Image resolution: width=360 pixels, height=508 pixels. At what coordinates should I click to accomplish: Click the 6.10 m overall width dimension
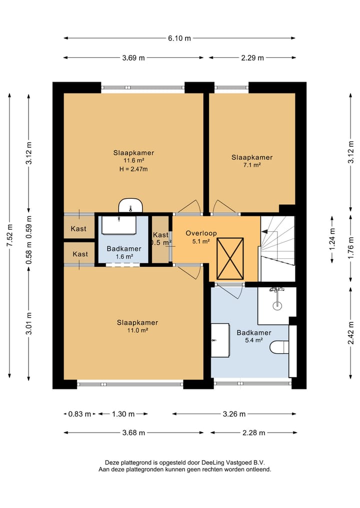point(179,38)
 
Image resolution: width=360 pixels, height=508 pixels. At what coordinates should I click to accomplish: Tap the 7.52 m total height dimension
point(9,236)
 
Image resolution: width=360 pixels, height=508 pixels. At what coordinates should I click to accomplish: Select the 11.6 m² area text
point(133,161)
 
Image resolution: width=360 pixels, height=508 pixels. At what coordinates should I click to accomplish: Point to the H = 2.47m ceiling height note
point(133,169)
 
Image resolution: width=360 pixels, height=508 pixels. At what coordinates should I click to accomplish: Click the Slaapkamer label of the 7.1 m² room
point(252,157)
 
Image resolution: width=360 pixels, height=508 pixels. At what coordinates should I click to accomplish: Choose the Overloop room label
point(201,233)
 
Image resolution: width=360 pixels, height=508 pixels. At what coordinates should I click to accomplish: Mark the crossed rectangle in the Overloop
point(230,259)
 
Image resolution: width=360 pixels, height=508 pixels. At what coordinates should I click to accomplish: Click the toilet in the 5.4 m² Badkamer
point(279,347)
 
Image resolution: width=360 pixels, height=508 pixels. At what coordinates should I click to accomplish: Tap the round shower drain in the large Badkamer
point(276,306)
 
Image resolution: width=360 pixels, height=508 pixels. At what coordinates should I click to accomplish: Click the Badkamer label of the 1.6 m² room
point(124,249)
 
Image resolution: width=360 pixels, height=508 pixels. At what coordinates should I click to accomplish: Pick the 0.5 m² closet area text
point(161,242)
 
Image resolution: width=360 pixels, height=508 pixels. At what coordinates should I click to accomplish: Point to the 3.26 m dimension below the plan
point(234,414)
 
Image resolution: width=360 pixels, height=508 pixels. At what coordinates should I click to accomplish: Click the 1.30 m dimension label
point(123,414)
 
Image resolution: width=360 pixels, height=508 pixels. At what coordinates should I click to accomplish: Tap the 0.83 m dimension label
point(80,414)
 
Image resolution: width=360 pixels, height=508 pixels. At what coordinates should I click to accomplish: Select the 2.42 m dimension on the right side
point(350,333)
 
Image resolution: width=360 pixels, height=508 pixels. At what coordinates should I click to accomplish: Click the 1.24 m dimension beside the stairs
point(332,240)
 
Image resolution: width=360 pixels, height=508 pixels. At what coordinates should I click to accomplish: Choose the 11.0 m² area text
point(137,331)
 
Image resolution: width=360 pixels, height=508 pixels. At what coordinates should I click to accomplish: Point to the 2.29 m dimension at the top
point(252,57)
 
